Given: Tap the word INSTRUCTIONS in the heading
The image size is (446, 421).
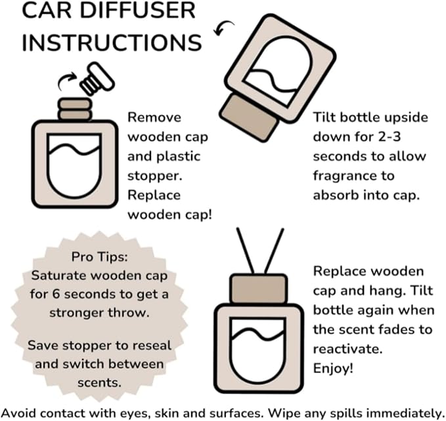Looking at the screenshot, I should click(x=110, y=41).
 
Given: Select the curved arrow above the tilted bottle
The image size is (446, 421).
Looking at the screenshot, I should click(x=227, y=28).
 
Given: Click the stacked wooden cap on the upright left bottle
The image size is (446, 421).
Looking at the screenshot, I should click(x=74, y=109).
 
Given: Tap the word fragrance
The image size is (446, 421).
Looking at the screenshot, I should click(x=353, y=176).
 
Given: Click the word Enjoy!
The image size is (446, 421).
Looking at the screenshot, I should click(x=334, y=369).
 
